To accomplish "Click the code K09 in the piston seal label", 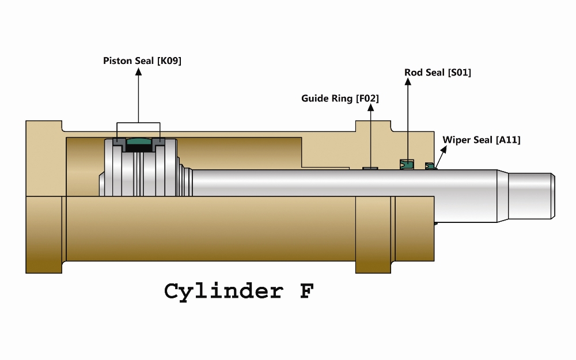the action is tap(169, 61).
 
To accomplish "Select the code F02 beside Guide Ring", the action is tap(367, 98).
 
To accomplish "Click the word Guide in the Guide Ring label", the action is tap(315, 98).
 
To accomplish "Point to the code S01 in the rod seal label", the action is tap(460, 73).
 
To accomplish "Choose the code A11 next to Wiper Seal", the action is tap(509, 140).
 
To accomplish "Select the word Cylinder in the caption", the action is tap(223, 291).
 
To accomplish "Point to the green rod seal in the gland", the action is tap(407, 164).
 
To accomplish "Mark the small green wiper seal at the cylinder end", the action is tap(430, 166).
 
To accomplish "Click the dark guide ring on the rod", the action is tap(370, 169).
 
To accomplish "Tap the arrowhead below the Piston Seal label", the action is tap(138, 71).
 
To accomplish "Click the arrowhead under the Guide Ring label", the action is tap(370, 108).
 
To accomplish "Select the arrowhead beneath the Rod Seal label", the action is tap(408, 82).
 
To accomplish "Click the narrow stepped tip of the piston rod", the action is tap(531, 196).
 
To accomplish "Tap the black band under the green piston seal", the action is tap(138, 149).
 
